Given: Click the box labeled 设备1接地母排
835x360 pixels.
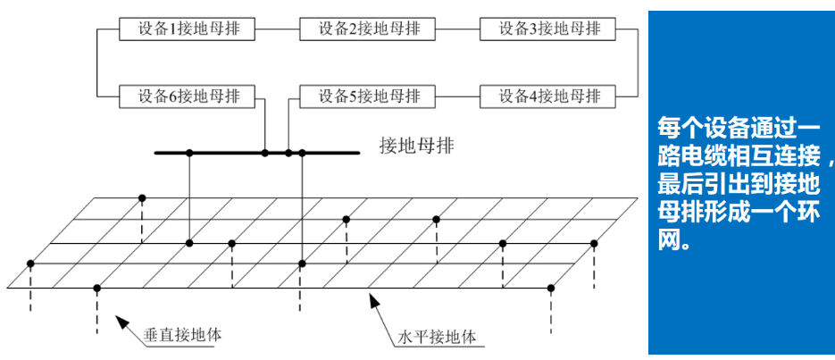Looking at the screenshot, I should (187, 29).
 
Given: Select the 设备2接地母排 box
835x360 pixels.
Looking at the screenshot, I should (367, 29).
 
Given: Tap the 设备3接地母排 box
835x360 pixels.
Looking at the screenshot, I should (547, 29).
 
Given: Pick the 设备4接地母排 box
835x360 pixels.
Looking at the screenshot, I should (547, 96).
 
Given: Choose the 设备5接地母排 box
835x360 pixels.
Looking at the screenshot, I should (367, 96).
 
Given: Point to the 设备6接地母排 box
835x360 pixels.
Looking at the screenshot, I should (187, 96).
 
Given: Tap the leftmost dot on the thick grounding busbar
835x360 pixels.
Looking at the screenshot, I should (189, 154).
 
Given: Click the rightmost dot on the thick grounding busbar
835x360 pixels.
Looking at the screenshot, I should (303, 154).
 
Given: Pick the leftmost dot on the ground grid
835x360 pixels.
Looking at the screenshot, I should (30, 264).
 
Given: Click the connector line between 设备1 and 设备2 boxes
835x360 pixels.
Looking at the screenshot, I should (277, 29).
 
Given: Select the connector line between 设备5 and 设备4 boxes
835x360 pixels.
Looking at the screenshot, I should (456, 96).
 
